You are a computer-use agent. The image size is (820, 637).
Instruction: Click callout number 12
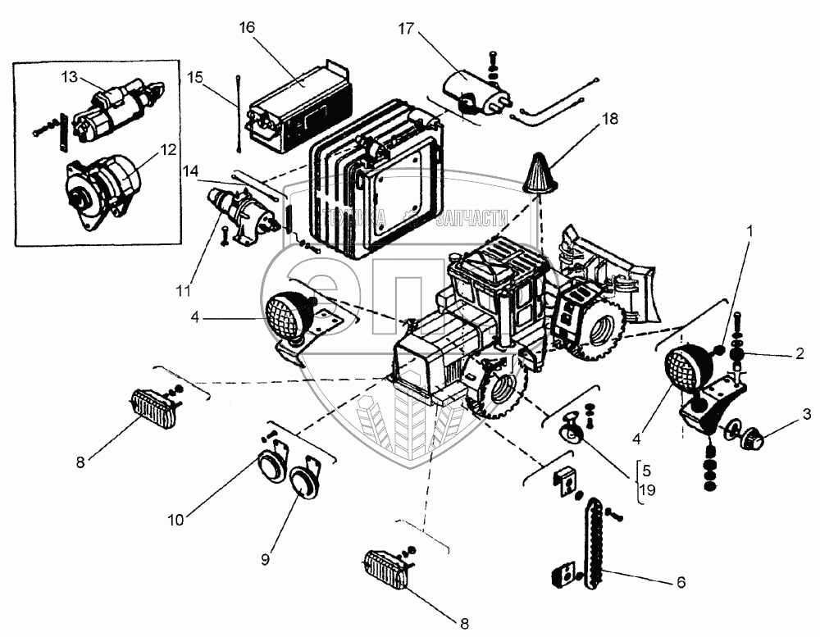click(167, 150)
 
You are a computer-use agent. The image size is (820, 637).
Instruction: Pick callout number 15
click(195, 76)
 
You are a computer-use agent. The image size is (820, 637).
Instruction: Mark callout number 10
click(177, 518)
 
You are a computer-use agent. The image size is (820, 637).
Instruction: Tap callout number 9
click(265, 559)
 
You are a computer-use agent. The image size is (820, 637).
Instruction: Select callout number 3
click(807, 414)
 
